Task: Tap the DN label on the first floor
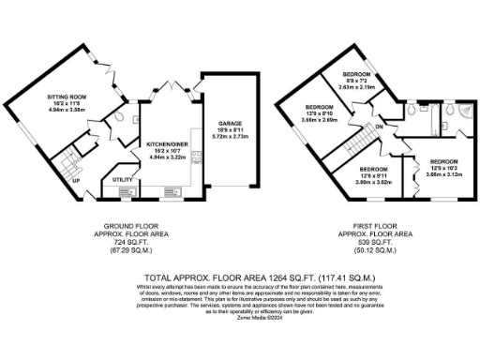pos(378,127)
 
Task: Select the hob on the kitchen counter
pos(195,157)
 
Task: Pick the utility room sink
pos(128,192)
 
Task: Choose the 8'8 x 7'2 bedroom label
pos(357,74)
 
